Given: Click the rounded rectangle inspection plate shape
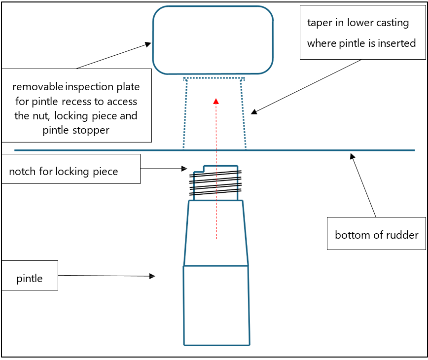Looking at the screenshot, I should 213,40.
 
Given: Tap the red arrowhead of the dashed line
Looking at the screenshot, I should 215,101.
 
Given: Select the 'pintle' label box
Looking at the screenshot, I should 30,279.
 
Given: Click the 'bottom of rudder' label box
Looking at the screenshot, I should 376,235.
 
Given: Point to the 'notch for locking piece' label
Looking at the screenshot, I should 64,172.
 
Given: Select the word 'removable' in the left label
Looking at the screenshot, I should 37,87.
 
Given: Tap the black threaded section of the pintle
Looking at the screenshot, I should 215,182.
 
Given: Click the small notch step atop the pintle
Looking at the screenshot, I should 199,169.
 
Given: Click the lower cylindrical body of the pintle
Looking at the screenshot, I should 216,306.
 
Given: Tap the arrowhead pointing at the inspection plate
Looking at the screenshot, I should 148,44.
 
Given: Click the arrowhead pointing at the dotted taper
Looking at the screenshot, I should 253,112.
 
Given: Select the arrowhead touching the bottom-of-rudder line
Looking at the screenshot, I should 352,156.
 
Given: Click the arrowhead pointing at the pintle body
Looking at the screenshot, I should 152,276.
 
